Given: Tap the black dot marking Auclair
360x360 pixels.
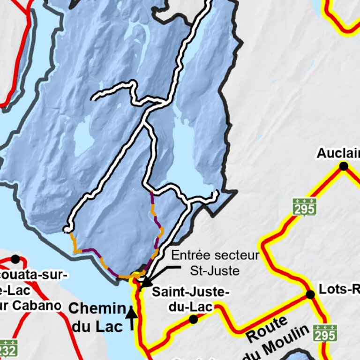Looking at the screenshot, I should tap(344, 166).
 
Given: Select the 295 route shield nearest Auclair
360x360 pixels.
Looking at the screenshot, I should tap(304, 206).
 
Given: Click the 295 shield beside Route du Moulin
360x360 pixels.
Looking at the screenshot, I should tap(325, 333).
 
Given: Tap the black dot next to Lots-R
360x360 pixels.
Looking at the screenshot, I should tap(310, 294).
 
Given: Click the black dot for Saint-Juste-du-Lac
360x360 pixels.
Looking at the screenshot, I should tap(193, 319).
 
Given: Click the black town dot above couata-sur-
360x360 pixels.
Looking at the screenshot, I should tap(15, 259).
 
